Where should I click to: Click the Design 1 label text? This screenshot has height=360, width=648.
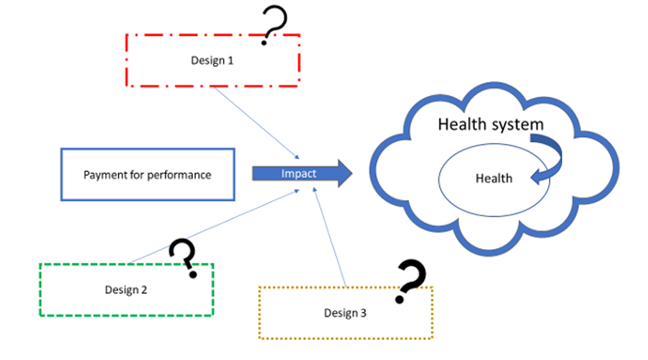coord(212,61)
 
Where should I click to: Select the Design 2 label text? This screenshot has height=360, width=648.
coord(126,290)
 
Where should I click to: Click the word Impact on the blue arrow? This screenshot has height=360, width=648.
coord(298,174)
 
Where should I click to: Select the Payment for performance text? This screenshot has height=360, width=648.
coord(148,175)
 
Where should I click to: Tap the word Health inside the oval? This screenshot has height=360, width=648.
coord(494,178)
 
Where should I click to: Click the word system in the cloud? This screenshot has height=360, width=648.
coord(518,125)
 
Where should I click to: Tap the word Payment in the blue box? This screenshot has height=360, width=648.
coord(105,175)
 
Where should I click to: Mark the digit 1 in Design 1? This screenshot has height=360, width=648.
coord(230,61)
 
